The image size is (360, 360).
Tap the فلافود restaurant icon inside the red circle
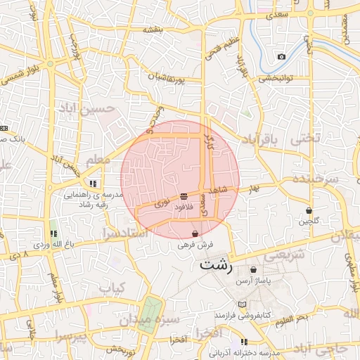(x=184, y=195)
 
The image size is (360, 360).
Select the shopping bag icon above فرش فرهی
(x=195, y=233)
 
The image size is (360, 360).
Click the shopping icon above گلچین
(x=309, y=210)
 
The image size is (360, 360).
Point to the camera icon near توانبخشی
(x=281, y=56)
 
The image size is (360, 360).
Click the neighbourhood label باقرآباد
(x=260, y=140)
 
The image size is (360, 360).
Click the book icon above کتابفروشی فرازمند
(x=243, y=304)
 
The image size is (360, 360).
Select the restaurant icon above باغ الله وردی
(x=53, y=233)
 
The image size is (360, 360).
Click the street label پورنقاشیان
(x=166, y=78)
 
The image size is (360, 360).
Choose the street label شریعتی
(x=287, y=255)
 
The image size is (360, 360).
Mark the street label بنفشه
(x=153, y=30)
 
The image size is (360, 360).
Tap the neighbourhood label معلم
(x=96, y=161)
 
